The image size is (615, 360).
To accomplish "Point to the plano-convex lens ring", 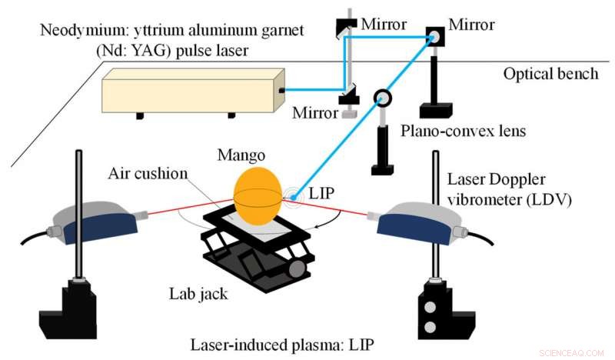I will click(382, 98).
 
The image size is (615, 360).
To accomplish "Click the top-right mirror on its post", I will click(435, 35).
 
